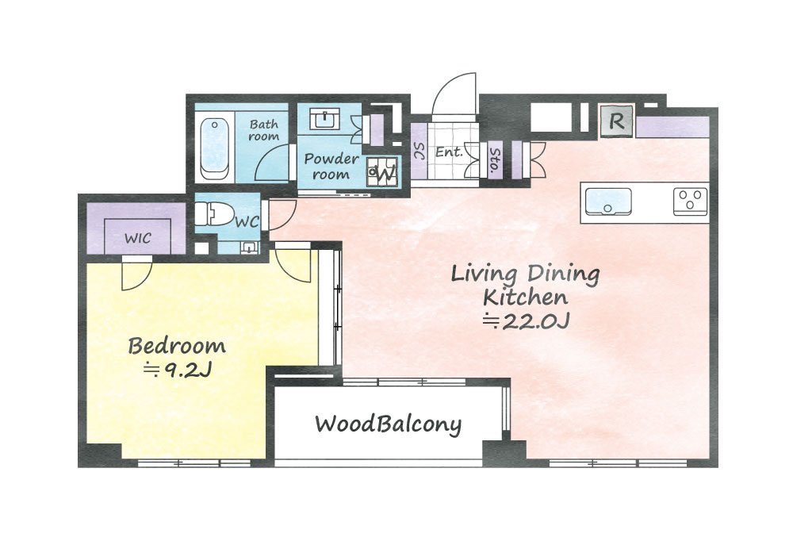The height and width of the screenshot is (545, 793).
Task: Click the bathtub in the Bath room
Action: (214, 148)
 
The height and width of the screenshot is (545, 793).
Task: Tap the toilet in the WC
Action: (213, 214)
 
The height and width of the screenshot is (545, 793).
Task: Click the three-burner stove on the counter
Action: (690, 201)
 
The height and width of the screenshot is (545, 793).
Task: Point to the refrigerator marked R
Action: (616, 121)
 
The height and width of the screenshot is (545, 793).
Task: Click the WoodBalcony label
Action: (388, 424)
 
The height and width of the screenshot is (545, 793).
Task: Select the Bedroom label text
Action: (177, 346)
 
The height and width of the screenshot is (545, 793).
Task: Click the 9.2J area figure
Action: (177, 371)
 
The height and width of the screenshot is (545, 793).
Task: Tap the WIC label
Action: (137, 238)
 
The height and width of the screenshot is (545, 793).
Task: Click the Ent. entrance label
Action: (449, 152)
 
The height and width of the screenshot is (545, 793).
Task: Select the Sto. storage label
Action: (495, 159)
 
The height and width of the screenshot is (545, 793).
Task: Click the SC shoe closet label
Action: (418, 152)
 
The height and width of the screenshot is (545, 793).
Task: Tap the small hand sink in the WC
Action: (249, 248)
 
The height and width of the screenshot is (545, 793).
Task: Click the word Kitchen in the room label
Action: (525, 297)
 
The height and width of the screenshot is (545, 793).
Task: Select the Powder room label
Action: (331, 167)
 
